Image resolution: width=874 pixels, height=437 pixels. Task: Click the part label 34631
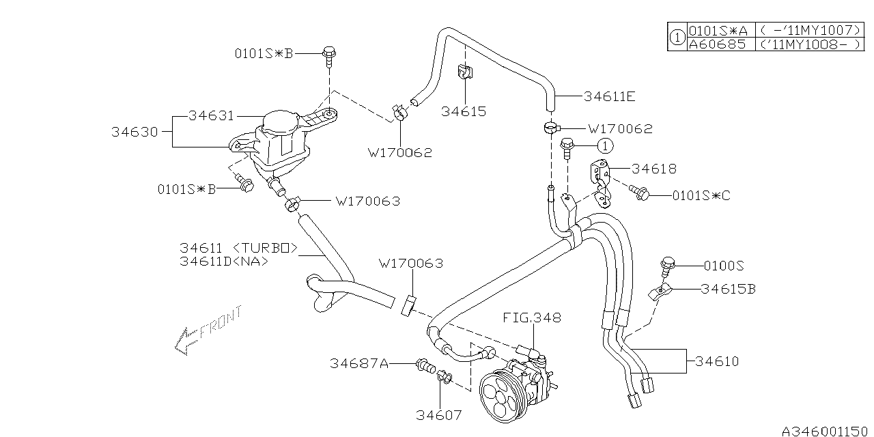(211, 116)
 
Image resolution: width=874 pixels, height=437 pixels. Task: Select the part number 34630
(135, 132)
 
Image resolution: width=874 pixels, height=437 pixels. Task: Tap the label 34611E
(610, 96)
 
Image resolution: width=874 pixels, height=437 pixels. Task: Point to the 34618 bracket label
(653, 168)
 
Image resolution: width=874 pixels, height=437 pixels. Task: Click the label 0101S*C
(701, 196)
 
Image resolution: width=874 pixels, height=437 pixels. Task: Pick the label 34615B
(728, 289)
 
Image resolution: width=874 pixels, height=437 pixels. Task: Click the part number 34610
(716, 361)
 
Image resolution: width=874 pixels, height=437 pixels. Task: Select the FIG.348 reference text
(532, 318)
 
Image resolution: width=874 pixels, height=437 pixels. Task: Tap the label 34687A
(359, 364)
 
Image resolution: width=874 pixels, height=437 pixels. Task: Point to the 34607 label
(439, 414)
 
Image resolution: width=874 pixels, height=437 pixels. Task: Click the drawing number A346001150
(826, 431)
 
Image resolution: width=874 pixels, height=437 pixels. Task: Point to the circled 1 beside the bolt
(604, 145)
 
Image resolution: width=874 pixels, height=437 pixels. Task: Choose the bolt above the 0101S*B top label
(330, 53)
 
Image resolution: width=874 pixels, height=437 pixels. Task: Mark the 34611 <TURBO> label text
(238, 249)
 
